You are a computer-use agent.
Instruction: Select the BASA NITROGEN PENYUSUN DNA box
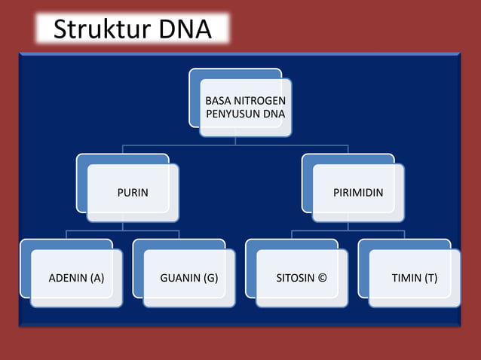tap(245, 107)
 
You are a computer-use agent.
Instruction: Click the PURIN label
tap(132, 193)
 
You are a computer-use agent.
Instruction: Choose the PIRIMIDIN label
tap(358, 193)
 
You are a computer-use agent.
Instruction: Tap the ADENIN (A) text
tap(76, 278)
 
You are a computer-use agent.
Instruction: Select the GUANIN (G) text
tap(188, 278)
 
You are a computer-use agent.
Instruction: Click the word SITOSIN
tap(295, 278)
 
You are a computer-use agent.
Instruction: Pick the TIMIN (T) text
tap(414, 278)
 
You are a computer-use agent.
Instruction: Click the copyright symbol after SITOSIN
tap(323, 278)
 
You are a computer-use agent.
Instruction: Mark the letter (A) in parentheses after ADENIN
tap(97, 278)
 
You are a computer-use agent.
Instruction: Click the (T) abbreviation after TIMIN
tap(430, 278)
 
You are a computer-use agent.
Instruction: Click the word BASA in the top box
tap(219, 100)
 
